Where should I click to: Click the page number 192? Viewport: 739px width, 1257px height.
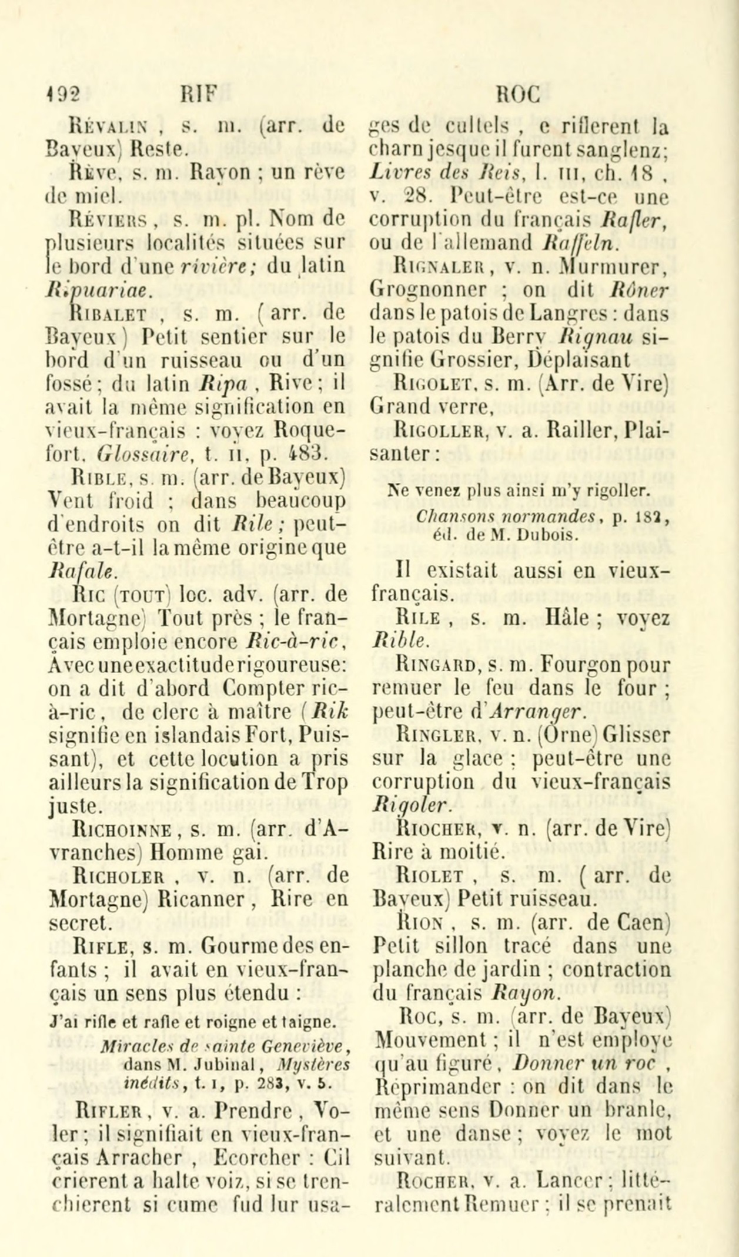click(63, 94)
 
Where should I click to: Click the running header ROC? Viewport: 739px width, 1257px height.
click(517, 94)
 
